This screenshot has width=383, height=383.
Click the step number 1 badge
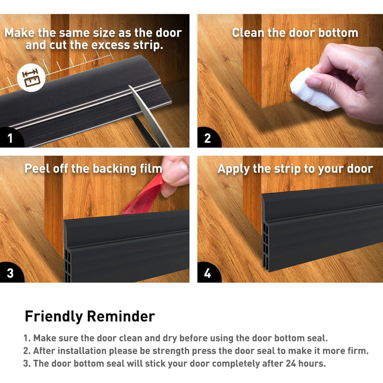click(10, 138)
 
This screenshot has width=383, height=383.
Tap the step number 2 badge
click(208, 138)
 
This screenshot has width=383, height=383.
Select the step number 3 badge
click(10, 273)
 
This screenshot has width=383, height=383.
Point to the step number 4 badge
click(208, 273)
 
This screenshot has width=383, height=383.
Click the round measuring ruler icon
click(31, 78)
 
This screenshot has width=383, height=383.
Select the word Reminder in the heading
click(121, 316)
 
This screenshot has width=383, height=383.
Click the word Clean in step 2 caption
click(248, 33)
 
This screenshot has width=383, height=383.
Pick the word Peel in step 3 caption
click(37, 169)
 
